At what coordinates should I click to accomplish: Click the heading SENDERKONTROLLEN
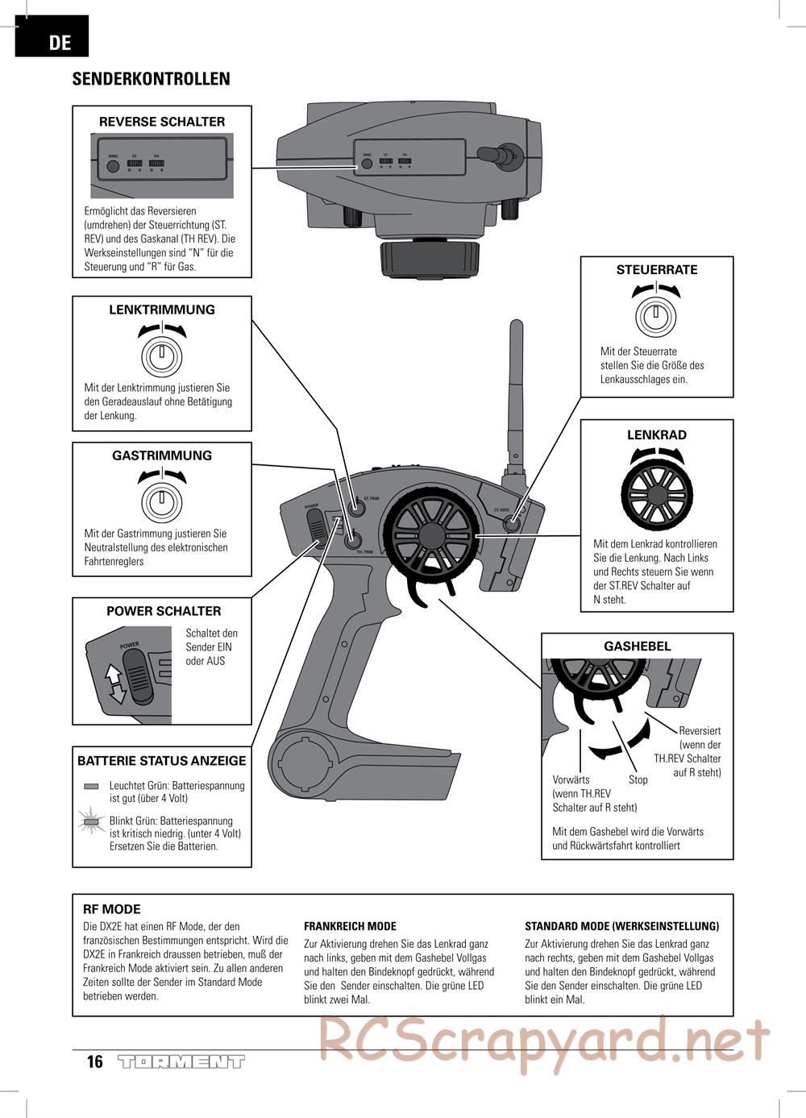tap(151, 79)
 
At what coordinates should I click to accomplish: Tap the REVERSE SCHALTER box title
tap(162, 122)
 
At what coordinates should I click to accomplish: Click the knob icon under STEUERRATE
tap(657, 314)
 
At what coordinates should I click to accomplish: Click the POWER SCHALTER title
tap(164, 611)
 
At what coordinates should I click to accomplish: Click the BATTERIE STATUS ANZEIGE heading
tap(162, 761)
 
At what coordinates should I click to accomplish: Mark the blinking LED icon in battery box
tap(91, 823)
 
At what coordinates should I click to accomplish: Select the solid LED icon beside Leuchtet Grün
tap(91, 786)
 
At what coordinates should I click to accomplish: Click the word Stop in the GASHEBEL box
tap(638, 779)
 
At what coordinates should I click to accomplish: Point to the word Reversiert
tap(700, 731)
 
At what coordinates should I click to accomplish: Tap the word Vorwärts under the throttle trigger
tap(571, 779)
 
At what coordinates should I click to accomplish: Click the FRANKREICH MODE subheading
tap(350, 927)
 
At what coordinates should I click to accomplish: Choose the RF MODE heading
tap(111, 909)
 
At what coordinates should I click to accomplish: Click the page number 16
tap(95, 1062)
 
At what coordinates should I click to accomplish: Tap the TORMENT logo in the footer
tap(181, 1062)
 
